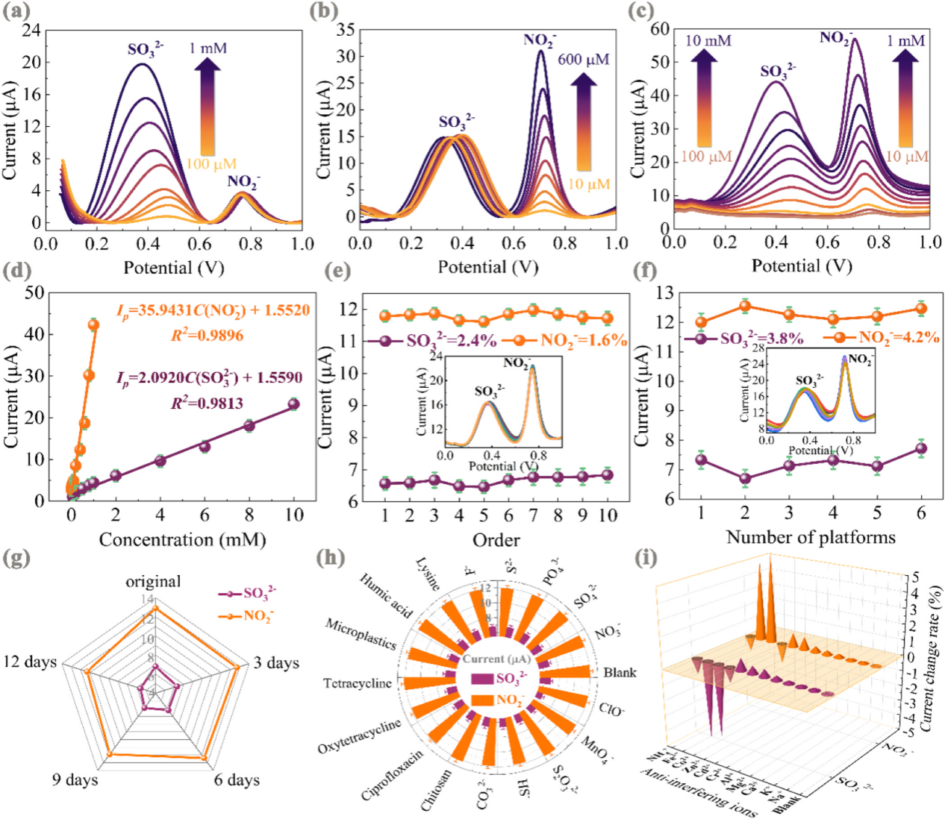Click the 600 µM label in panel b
coord(583,60)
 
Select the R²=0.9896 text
coord(207,336)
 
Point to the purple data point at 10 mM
coord(293,404)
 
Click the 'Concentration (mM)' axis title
coord(182,539)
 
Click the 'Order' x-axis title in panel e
coord(496,540)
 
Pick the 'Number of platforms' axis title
coord(811,537)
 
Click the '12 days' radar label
coord(30,662)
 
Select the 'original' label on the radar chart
coord(153,581)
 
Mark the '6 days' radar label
coord(237,780)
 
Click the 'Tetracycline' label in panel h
coord(357,683)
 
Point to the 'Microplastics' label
coord(360,633)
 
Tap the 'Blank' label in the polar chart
coord(620,672)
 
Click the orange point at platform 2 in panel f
coord(744,306)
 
